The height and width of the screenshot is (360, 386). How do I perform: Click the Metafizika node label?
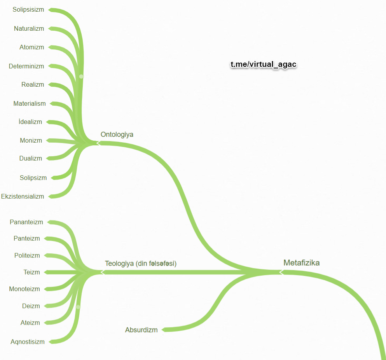click(x=301, y=263)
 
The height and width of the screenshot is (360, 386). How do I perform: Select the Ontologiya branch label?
click(x=117, y=135)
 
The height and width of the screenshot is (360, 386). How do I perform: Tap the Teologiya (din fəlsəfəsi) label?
click(x=141, y=264)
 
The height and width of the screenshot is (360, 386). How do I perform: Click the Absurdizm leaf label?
click(x=141, y=330)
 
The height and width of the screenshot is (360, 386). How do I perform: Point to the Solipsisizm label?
click(x=28, y=10)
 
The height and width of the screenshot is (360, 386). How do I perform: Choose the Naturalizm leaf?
click(x=29, y=28)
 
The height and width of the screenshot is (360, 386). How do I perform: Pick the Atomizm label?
click(x=31, y=47)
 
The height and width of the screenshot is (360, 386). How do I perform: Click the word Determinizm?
click(x=26, y=66)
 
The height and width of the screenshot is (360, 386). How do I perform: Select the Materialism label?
click(x=30, y=103)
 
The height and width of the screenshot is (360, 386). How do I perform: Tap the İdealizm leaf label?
click(x=30, y=122)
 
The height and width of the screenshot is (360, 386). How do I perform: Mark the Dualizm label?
click(x=31, y=158)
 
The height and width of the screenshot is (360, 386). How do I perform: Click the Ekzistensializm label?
click(x=23, y=196)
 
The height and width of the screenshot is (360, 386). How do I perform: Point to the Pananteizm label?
click(x=26, y=222)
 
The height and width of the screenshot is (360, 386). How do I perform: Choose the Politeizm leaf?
click(x=27, y=255)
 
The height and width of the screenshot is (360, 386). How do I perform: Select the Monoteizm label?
click(x=24, y=289)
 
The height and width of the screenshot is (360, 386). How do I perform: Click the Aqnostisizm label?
click(x=28, y=342)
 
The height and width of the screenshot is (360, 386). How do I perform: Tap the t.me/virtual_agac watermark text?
click(x=264, y=65)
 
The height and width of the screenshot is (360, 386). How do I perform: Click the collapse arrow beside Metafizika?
click(x=281, y=272)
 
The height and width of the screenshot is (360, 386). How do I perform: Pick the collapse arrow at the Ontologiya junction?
click(x=98, y=143)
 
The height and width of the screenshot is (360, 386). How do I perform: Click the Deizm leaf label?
click(x=31, y=306)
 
